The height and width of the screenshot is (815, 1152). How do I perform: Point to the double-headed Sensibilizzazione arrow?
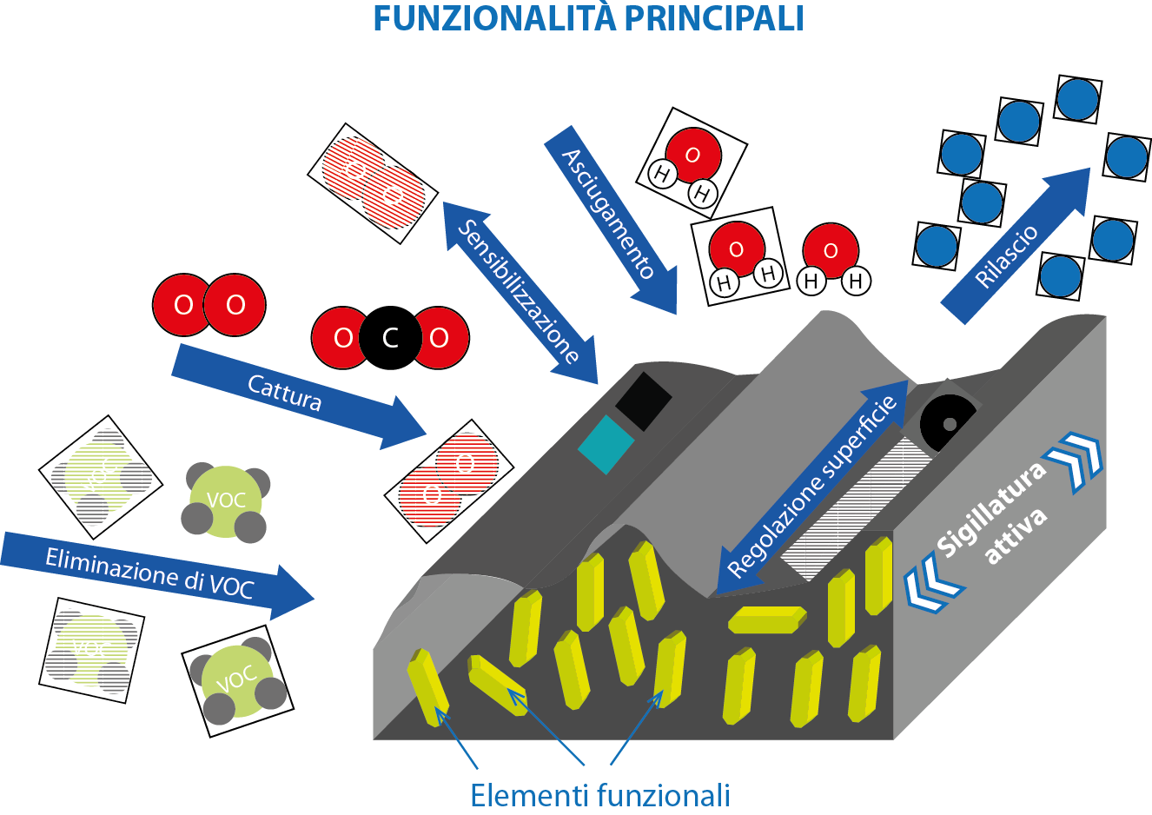[x=519, y=291]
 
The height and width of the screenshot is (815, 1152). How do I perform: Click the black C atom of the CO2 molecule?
[x=390, y=338]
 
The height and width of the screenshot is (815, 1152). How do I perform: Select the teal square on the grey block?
[x=606, y=445]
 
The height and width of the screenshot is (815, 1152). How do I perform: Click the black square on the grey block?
[x=644, y=401]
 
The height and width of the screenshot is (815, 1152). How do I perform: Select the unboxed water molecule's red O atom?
[x=831, y=250]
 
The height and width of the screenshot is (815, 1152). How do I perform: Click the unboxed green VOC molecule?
[x=225, y=502]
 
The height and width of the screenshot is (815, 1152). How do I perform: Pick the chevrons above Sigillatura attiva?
[x=1076, y=458]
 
